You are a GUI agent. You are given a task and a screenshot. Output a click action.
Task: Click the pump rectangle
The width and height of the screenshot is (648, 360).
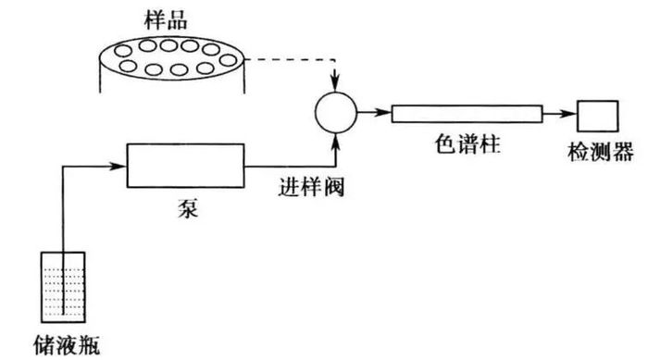coord(185,166)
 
